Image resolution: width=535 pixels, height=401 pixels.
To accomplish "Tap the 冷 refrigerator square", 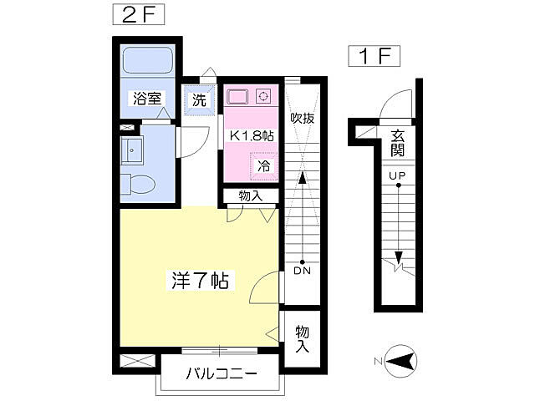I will point(262,166).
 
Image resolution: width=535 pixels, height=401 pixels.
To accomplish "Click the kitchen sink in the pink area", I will point(237,96).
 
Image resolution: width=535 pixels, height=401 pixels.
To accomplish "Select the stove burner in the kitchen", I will point(263,95).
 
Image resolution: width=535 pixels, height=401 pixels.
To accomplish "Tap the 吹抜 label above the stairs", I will point(302,119).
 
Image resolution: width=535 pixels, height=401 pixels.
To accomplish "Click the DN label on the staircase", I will point(302,272).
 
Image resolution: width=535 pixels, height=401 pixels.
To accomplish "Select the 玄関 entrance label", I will point(397,144).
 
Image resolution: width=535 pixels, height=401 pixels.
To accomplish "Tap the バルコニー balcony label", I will point(221,373).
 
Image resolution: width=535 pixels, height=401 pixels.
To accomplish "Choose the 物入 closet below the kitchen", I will point(250,196).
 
